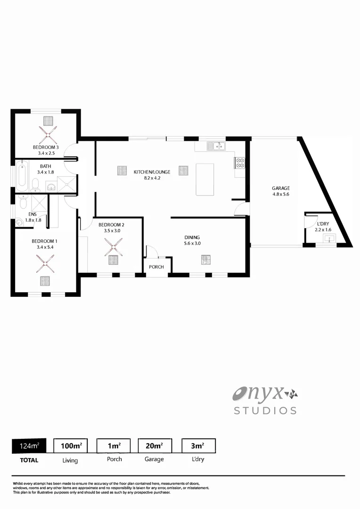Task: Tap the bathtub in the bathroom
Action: (x=21, y=175)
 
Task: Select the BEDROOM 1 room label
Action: (x=44, y=241)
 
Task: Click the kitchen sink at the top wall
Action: (x=218, y=146)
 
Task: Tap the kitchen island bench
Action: (x=205, y=179)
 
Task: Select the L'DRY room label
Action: (x=323, y=223)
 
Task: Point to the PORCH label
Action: (x=156, y=267)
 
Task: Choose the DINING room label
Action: (x=192, y=238)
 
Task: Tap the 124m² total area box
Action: (x=29, y=445)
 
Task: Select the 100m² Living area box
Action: (x=71, y=445)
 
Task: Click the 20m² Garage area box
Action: (x=155, y=445)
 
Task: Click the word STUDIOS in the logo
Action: (x=265, y=410)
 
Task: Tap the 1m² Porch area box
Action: (x=114, y=445)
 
